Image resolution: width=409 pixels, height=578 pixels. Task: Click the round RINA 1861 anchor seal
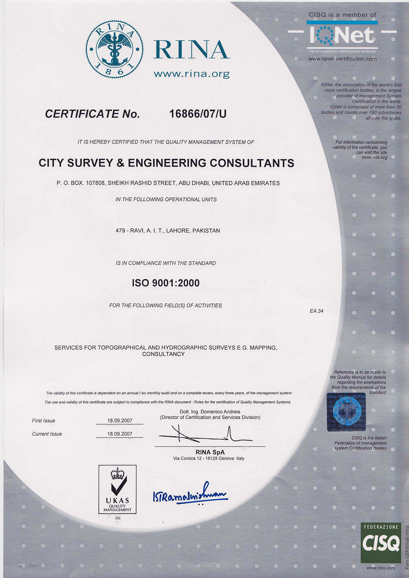pyautogui.click(x=114, y=49)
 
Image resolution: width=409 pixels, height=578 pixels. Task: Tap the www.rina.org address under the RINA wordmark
pyautogui.click(x=192, y=74)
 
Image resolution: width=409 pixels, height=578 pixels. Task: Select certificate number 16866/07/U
pyautogui.click(x=198, y=114)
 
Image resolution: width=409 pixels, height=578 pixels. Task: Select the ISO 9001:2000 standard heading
pyautogui.click(x=166, y=283)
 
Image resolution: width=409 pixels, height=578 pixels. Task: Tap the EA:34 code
pyautogui.click(x=316, y=311)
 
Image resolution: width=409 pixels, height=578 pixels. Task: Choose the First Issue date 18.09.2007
pyautogui.click(x=120, y=421)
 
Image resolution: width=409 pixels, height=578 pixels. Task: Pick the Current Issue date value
pyautogui.click(x=120, y=434)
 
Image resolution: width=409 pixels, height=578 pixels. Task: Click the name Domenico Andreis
pyautogui.click(x=220, y=412)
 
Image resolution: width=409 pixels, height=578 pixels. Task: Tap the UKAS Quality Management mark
pyautogui.click(x=117, y=490)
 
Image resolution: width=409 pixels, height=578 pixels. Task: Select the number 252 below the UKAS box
pyautogui.click(x=118, y=518)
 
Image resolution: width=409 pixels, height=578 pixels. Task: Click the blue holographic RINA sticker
pyautogui.click(x=346, y=412)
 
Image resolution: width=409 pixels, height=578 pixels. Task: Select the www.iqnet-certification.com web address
pyautogui.click(x=342, y=59)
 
